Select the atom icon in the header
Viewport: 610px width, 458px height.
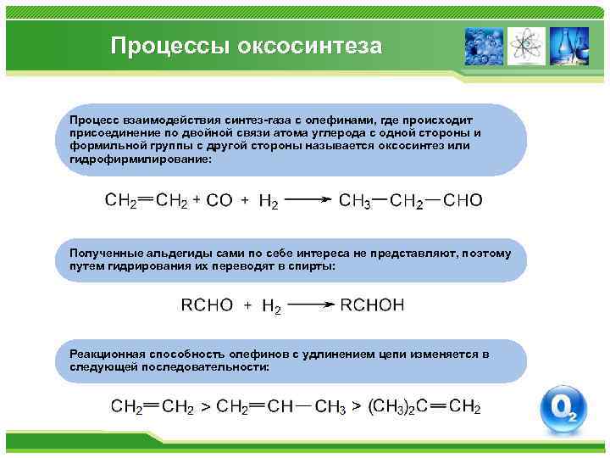[x=527, y=46]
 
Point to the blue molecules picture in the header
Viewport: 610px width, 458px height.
[x=484, y=46]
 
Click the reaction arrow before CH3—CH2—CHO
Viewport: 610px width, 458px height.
[x=306, y=201]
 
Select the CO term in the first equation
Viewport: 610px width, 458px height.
[x=219, y=201]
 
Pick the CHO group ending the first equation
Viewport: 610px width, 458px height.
[x=463, y=201]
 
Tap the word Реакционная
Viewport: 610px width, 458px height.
[x=106, y=355]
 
